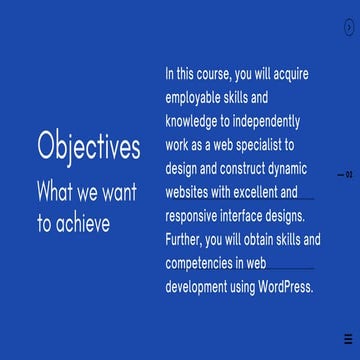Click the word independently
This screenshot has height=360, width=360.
[x=263, y=122]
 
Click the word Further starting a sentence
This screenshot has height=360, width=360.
[x=186, y=242]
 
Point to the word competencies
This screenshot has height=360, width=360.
[x=205, y=266]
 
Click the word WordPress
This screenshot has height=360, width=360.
[x=285, y=290]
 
